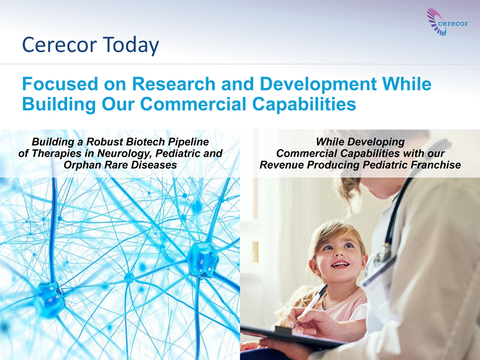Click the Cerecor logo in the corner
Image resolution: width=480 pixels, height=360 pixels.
click(x=447, y=22)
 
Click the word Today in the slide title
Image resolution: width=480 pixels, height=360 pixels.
click(x=131, y=45)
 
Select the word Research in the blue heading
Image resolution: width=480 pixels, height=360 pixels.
click(x=173, y=84)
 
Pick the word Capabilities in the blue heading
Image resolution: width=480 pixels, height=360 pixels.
click(x=304, y=105)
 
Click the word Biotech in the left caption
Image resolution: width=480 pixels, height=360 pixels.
click(x=146, y=142)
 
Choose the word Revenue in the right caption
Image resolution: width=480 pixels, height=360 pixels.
click(x=282, y=165)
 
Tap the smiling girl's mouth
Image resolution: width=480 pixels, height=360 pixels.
click(x=340, y=263)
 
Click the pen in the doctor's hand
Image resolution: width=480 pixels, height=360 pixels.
click(x=310, y=306)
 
